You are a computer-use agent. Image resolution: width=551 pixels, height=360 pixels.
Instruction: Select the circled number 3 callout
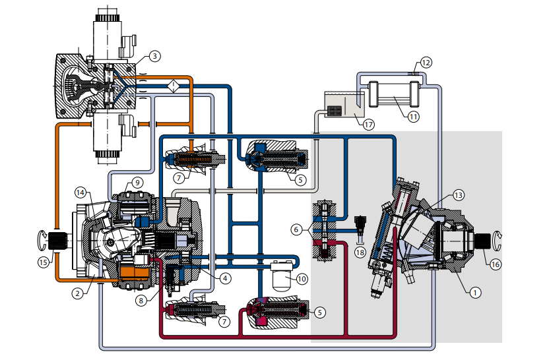point(154,57)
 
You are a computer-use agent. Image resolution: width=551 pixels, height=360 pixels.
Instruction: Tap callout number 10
point(302,279)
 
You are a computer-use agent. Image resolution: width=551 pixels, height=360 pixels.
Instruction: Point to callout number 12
point(426,63)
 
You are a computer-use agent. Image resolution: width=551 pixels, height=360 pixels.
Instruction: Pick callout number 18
point(360,253)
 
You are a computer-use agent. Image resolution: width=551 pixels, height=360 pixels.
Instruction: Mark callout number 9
point(137,182)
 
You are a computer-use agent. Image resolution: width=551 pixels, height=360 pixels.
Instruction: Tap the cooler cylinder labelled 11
point(394,94)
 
